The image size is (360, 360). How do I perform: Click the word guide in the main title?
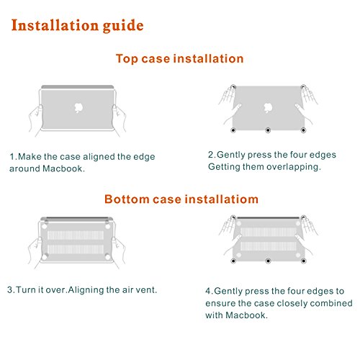point(123,25)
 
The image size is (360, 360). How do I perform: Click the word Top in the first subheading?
point(127,58)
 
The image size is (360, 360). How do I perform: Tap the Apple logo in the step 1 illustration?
point(78,108)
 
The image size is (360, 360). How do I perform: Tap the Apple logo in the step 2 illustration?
point(268,108)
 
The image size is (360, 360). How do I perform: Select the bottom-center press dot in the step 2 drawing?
point(268,130)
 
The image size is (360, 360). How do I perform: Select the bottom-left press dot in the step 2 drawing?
point(233,130)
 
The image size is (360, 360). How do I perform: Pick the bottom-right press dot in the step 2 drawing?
point(303,130)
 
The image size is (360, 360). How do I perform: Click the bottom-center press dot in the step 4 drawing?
point(268,261)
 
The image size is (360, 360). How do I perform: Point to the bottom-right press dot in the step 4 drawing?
point(304,261)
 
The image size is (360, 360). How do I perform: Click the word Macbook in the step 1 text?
point(63,168)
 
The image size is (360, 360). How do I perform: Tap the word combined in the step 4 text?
point(331,303)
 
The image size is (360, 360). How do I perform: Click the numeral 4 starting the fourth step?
point(208,291)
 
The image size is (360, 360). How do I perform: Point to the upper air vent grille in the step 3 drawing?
point(76,235)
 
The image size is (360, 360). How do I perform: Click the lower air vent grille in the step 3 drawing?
point(76,249)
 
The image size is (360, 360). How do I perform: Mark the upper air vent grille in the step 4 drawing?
point(269,232)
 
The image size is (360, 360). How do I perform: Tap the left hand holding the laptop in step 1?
point(35,121)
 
